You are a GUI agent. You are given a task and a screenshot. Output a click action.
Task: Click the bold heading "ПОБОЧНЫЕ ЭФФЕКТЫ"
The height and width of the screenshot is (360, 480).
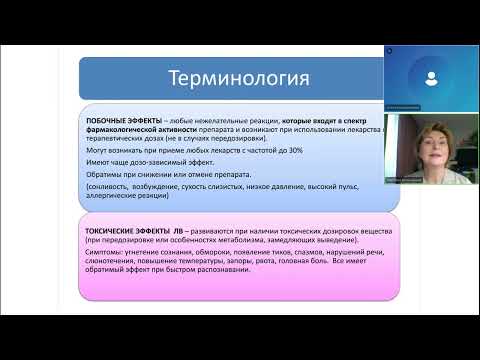click(115, 118)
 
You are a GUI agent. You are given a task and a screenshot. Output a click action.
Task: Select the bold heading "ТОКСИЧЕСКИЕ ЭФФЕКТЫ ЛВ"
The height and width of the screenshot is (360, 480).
click(125, 228)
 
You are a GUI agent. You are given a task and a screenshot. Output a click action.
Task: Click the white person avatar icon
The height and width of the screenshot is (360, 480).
click(429, 77)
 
